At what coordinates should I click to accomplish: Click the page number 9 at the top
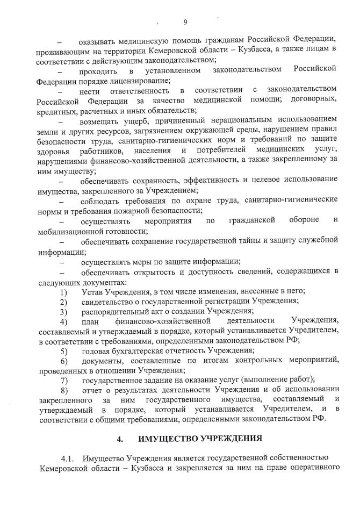point(184,22)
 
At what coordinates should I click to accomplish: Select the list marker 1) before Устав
point(63,291)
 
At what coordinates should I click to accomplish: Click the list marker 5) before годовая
point(63,350)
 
